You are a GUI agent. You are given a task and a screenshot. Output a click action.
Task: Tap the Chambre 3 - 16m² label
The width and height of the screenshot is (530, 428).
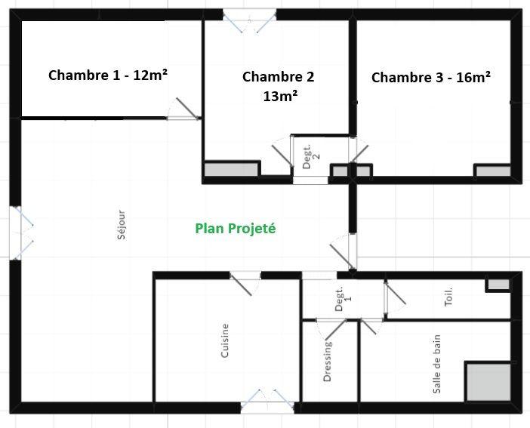click(x=431, y=77)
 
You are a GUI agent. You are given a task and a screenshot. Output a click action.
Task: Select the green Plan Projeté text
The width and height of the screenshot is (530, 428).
click(x=236, y=228)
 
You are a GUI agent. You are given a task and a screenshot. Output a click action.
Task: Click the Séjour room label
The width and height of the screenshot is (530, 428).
click(x=122, y=225)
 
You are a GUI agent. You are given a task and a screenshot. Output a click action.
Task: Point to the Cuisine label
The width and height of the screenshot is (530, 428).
click(x=225, y=340)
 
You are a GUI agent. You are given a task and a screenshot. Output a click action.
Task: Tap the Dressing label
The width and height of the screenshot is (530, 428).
click(x=328, y=362)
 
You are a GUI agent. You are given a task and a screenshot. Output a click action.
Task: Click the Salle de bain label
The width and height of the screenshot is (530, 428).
click(x=436, y=365)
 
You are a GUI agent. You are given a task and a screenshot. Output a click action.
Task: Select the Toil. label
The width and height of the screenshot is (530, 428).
click(x=449, y=295)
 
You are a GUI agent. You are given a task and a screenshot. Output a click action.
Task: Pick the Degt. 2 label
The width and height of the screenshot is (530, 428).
click(x=311, y=151)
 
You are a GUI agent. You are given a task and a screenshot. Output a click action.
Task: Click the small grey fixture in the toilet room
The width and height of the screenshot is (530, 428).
click(x=498, y=285)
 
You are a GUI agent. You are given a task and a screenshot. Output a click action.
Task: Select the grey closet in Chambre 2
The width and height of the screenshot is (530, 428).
click(x=231, y=170)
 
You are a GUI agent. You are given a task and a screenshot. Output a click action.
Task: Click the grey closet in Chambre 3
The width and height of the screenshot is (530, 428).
click(x=492, y=171)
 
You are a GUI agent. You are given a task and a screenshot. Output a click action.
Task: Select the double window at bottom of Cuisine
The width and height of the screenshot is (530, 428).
click(x=267, y=401)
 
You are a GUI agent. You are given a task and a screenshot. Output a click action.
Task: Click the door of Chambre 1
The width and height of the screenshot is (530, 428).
click(x=184, y=109)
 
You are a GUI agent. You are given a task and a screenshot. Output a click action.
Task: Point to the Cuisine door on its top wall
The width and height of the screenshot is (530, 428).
click(x=244, y=282)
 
